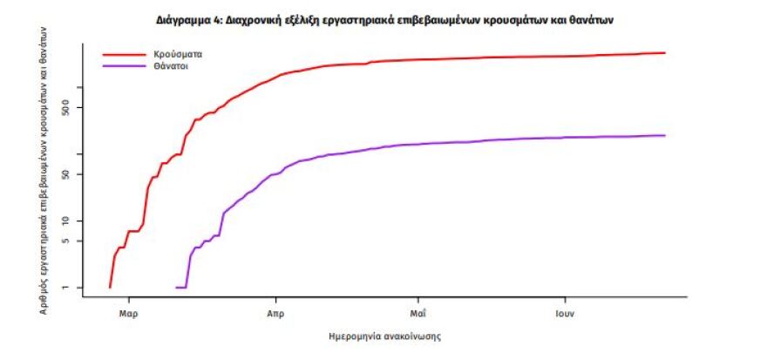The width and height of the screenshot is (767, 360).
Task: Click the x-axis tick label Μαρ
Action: click(129, 311)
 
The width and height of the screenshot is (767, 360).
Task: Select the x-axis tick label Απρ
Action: click(275, 311)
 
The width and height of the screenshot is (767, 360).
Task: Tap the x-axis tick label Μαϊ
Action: click(417, 311)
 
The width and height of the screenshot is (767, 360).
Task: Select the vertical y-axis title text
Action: click(44, 170)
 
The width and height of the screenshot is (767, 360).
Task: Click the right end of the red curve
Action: click(665, 53)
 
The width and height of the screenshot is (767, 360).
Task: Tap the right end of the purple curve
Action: click(665, 135)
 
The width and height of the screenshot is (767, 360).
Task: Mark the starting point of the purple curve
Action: click(177, 287)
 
